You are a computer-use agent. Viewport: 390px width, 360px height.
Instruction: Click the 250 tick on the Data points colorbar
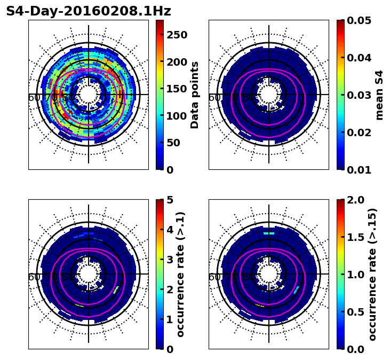click(177, 35)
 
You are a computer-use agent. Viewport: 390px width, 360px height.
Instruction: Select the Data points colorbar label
click(195, 95)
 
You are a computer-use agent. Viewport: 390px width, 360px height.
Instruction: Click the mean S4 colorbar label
click(379, 95)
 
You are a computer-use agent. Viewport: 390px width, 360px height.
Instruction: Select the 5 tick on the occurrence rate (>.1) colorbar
click(170, 200)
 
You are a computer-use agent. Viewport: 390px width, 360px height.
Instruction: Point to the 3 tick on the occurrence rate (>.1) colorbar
click(170, 260)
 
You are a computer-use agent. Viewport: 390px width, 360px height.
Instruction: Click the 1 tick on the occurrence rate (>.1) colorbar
click(170, 319)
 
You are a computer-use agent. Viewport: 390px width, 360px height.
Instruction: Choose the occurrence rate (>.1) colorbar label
click(181, 274)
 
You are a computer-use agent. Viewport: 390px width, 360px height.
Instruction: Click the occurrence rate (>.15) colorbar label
click(372, 274)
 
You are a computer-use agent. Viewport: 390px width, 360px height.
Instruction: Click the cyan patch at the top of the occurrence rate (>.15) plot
click(269, 233)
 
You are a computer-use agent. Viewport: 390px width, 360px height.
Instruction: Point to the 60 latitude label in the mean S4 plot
click(214, 98)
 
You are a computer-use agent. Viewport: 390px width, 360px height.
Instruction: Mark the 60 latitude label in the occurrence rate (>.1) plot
click(34, 277)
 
